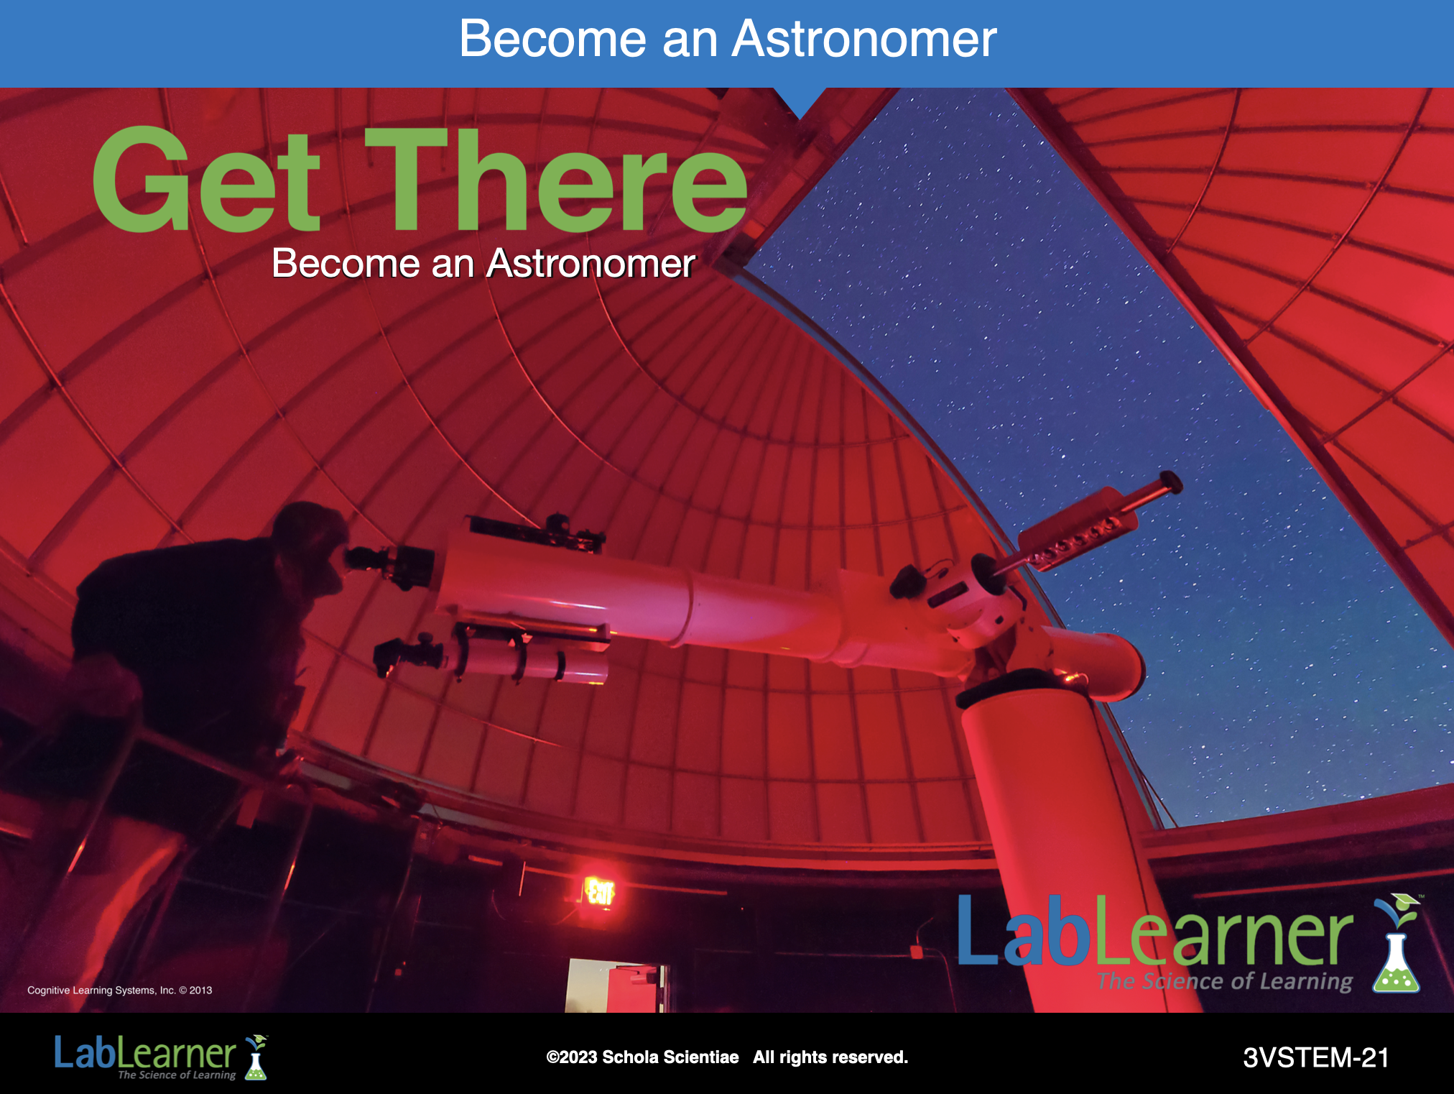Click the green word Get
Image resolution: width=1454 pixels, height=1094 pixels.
207,180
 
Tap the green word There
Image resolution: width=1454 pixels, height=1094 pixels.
557,180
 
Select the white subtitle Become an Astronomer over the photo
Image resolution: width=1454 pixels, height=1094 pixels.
483,263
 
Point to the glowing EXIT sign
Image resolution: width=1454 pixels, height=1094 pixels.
599,892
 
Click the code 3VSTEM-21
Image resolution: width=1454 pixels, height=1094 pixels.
1316,1057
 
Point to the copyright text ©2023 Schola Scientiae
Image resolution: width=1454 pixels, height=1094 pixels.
642,1057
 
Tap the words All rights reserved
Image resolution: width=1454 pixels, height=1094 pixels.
830,1057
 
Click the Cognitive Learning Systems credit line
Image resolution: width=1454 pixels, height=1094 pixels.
120,990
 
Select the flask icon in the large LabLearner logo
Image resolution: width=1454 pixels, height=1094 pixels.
1397,944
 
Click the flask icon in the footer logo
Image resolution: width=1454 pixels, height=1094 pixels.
256,1057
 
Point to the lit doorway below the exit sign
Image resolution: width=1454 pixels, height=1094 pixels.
614,985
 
